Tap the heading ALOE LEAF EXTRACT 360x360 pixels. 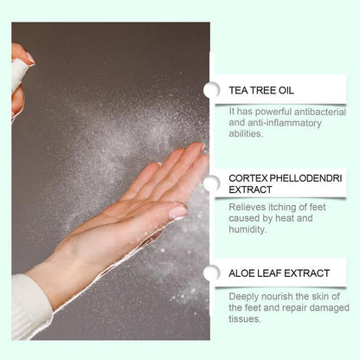280,273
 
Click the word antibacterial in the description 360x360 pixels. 316,111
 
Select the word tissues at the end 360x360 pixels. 247,319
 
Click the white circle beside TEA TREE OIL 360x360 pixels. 211,90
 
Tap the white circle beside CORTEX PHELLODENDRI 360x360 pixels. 211,183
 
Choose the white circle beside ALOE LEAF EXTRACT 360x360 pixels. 211,274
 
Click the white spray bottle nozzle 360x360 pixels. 19,76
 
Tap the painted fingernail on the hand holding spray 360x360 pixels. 29,58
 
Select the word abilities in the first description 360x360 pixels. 249,133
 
